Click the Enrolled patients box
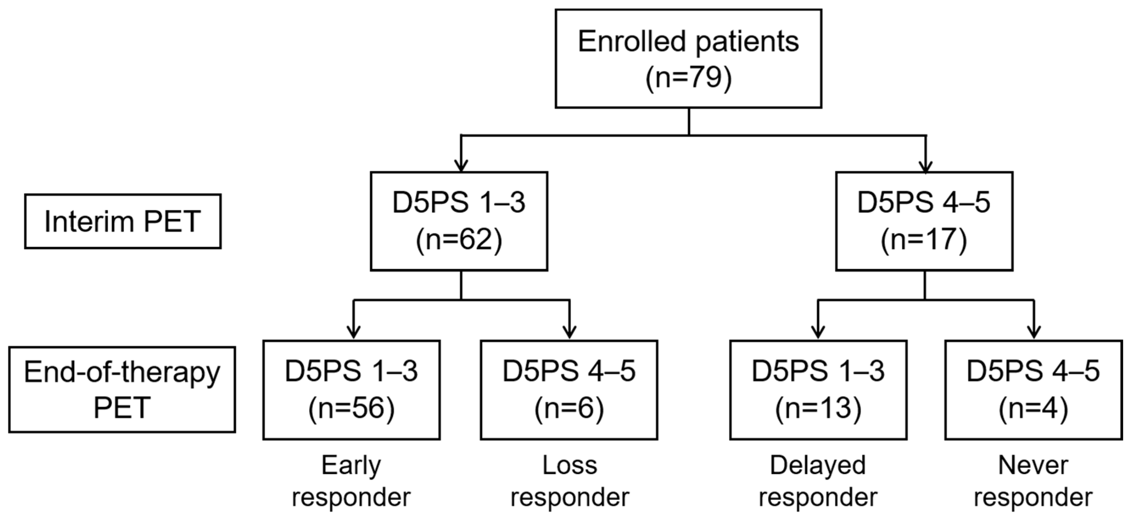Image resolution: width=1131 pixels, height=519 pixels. pyautogui.click(x=688, y=58)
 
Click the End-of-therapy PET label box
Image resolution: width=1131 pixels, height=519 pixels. pyautogui.click(x=122, y=390)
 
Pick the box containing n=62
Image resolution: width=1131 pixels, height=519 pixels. pyautogui.click(x=459, y=221)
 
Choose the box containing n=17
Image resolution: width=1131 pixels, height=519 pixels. pyautogui.click(x=924, y=221)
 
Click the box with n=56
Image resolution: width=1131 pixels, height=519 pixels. pyautogui.click(x=351, y=390)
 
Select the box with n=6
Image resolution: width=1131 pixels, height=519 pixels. pyautogui.click(x=569, y=390)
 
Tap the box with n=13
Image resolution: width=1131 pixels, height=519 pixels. pyautogui.click(x=818, y=390)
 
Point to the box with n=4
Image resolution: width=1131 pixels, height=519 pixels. pyautogui.click(x=1033, y=390)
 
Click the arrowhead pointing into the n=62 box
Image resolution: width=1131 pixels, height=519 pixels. pyautogui.click(x=461, y=166)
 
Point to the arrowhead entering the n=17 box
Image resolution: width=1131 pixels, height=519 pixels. pyautogui.click(x=926, y=167)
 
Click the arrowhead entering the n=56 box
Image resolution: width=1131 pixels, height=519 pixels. pyautogui.click(x=354, y=332)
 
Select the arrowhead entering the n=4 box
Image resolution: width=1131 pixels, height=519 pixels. pyautogui.click(x=1034, y=332)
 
